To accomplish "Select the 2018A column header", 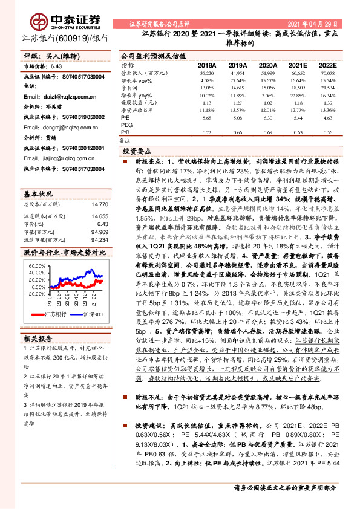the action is click(x=208, y=65).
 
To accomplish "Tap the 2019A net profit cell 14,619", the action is click(x=238, y=88).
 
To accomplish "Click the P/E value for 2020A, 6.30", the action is click(x=268, y=118).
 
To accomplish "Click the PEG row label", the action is click(x=127, y=125).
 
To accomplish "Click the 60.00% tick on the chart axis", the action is click(x=36, y=265).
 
